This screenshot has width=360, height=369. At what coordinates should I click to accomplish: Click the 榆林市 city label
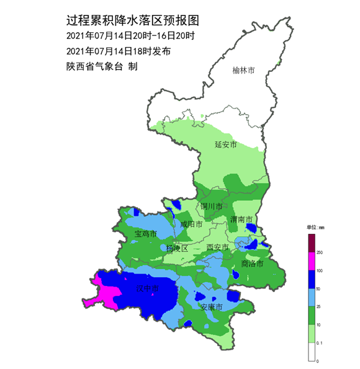coord(243,71)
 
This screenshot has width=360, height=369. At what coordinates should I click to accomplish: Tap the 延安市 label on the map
coord(226,144)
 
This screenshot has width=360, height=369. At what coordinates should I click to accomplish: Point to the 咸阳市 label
coord(191,225)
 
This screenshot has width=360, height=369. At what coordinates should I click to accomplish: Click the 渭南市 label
coord(241,220)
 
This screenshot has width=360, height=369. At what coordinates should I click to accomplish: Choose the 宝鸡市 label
coord(145,234)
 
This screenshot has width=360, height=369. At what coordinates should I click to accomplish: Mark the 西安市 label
coord(217,247)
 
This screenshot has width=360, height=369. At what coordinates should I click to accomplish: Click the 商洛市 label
coord(252,264)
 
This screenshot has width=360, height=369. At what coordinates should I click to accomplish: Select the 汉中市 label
coord(148,289)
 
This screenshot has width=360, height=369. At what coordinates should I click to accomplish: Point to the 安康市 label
coord(211,307)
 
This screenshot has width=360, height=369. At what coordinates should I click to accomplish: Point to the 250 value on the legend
coord(320,252)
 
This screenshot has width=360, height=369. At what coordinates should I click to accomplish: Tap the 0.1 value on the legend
coord(320,342)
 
